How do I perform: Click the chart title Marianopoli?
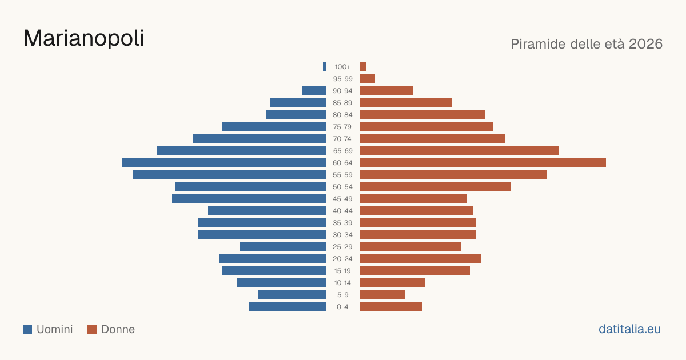pyautogui.click(x=83, y=38)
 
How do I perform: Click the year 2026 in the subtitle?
pyautogui.click(x=645, y=44)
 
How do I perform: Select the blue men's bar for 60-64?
pyautogui.click(x=224, y=162)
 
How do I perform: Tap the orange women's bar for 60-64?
pyautogui.click(x=483, y=162)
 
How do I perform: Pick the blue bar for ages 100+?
pyautogui.click(x=324, y=66)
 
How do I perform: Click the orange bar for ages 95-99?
pyautogui.click(x=368, y=79)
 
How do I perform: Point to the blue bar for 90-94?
pyautogui.click(x=314, y=91)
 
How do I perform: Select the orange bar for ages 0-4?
pyautogui.click(x=391, y=306)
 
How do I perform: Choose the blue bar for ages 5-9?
pyautogui.click(x=292, y=294)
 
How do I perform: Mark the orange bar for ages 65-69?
pyautogui.click(x=459, y=151)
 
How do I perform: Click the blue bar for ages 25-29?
pyautogui.click(x=282, y=246)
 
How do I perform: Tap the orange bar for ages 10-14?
pyautogui.click(x=393, y=282)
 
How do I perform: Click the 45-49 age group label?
pyautogui.click(x=342, y=199)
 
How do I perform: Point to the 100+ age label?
pyautogui.click(x=342, y=67)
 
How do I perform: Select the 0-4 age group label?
pyautogui.click(x=342, y=307)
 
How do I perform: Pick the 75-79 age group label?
pyautogui.click(x=342, y=127)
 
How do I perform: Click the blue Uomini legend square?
pyautogui.click(x=27, y=329)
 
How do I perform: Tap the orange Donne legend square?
pyautogui.click(x=92, y=329)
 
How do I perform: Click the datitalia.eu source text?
pyautogui.click(x=629, y=329)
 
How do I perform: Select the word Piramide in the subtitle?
pyautogui.click(x=538, y=44)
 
